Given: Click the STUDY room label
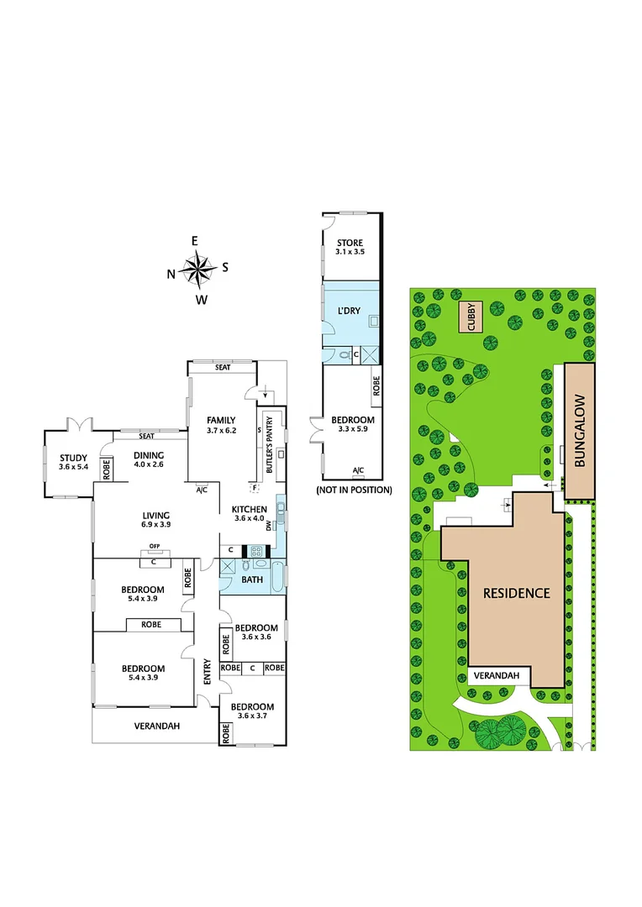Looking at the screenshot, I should (x=73, y=458).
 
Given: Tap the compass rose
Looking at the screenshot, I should (x=198, y=270).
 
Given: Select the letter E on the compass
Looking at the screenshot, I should (x=195, y=242).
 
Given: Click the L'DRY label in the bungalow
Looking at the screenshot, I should (x=349, y=311).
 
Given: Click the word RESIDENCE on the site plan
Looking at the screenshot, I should (x=516, y=593).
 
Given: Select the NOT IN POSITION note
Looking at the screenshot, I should (x=354, y=489).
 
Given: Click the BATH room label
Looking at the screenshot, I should (x=252, y=579).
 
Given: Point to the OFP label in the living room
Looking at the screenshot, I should (x=154, y=547).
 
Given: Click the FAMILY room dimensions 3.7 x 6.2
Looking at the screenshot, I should (x=222, y=430).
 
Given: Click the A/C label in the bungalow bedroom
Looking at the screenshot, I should (x=358, y=469).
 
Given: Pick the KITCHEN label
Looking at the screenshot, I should (x=250, y=509).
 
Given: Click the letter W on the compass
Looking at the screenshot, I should (x=201, y=299).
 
